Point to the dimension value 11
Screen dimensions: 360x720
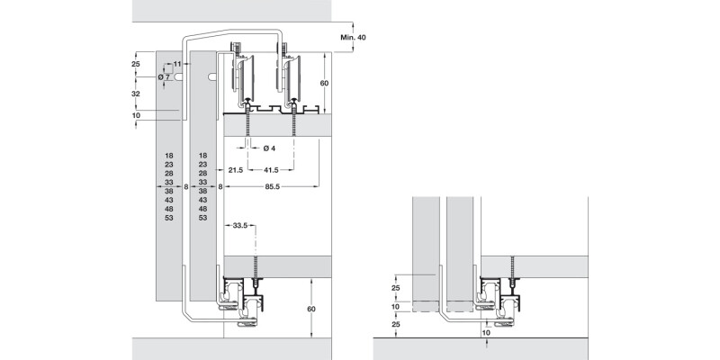tap(178, 65)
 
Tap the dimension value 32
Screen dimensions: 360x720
tap(135, 94)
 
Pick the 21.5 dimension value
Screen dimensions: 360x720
tap(237, 169)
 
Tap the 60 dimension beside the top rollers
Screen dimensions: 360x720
tap(325, 83)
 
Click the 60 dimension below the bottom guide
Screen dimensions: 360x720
tap(312, 308)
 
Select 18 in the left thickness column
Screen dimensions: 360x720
tap(169, 156)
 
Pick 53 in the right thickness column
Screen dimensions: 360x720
tap(202, 218)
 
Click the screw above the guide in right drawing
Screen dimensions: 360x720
tap(513, 266)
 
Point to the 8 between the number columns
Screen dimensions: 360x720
tap(186, 187)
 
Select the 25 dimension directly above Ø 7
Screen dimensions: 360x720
tap(135, 65)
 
